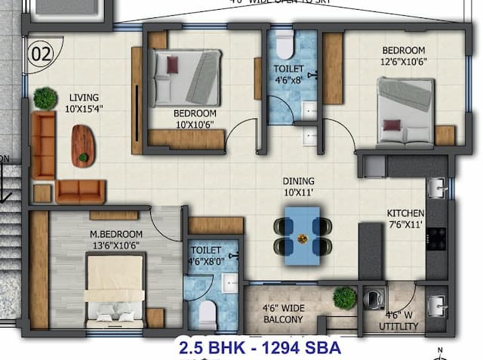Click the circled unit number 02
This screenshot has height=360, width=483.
pos(42,54)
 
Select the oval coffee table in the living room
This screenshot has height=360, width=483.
pos(83,144)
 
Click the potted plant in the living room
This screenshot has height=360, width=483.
pos(45,97)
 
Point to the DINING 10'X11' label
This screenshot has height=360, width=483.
pos(298,186)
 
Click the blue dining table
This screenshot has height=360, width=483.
pos(299,235)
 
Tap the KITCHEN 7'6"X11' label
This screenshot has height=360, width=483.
pos(405,218)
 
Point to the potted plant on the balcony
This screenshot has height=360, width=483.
pos(344,297)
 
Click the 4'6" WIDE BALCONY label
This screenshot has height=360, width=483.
pos(282,313)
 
